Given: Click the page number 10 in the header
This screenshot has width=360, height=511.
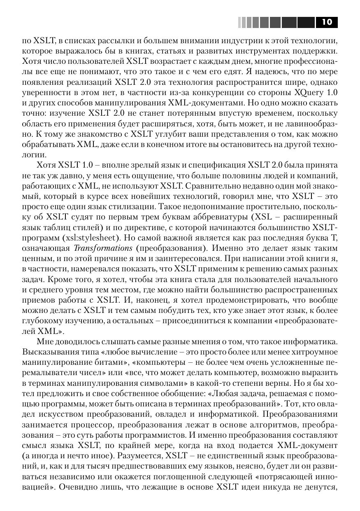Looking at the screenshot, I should coord(327,22).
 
